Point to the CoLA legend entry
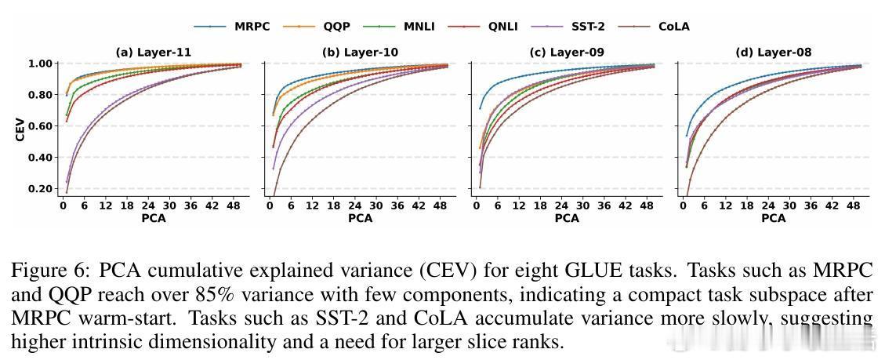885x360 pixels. point(673,27)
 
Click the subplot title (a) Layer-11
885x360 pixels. point(154,53)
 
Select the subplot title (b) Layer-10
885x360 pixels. point(360,53)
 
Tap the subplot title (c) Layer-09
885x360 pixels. point(567,53)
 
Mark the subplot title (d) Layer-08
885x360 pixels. point(774,53)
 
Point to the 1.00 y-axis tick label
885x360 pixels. point(42,64)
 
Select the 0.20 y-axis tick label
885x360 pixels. point(42,189)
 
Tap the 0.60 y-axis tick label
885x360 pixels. point(42,126)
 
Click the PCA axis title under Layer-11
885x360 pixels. point(154,218)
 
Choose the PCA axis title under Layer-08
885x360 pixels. point(774,218)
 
